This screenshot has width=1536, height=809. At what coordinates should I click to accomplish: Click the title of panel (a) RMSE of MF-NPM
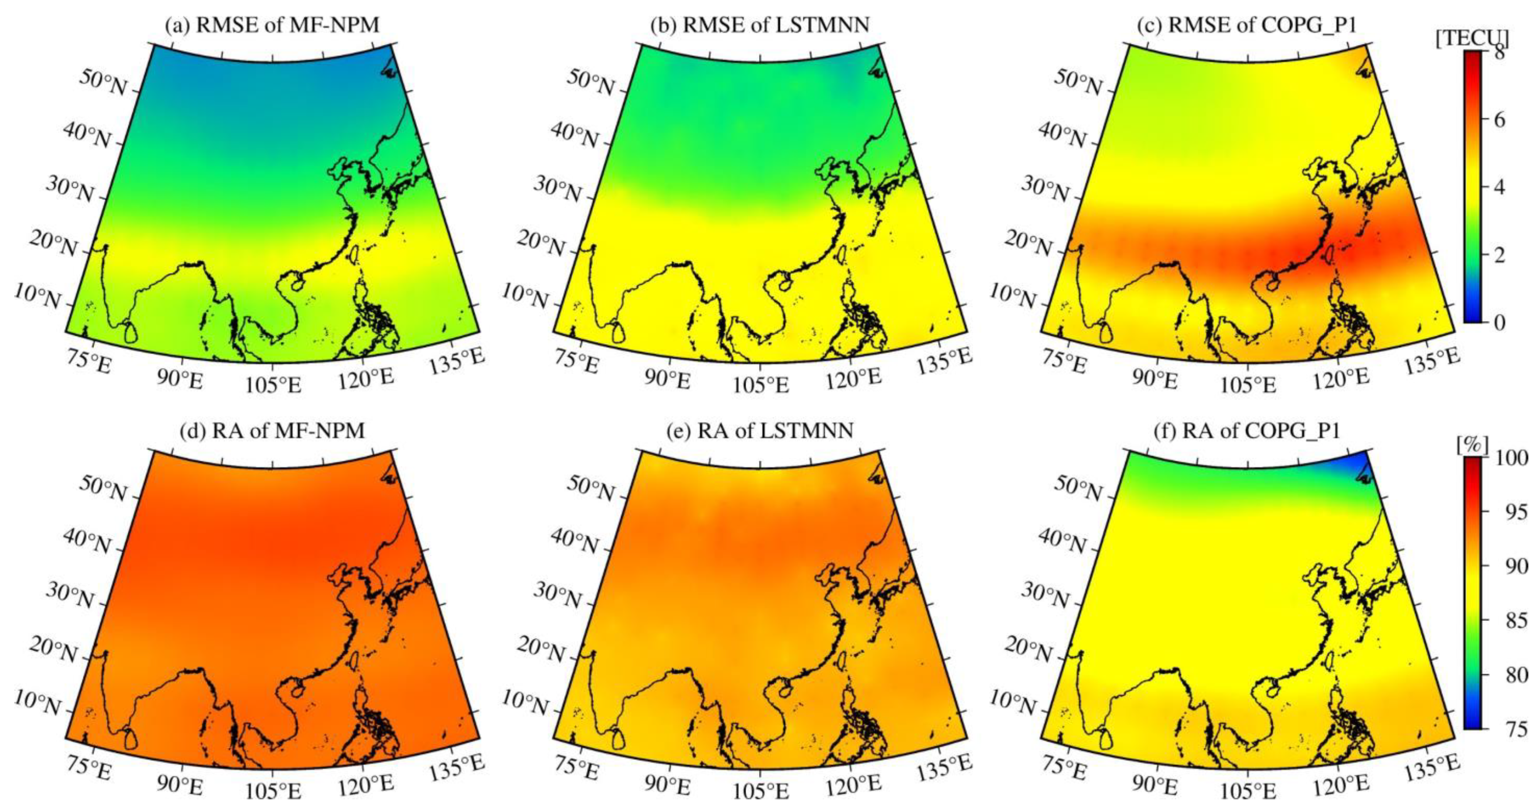(x=273, y=25)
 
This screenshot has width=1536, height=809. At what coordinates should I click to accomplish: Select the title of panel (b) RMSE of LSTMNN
(x=760, y=25)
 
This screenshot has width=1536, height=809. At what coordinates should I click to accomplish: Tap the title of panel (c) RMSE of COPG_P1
(x=1248, y=25)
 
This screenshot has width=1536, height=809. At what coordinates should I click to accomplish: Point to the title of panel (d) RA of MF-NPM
(x=273, y=430)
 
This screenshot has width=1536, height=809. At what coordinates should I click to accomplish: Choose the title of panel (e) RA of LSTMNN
(x=760, y=430)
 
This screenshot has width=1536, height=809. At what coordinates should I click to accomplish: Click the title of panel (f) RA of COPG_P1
(x=1248, y=430)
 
